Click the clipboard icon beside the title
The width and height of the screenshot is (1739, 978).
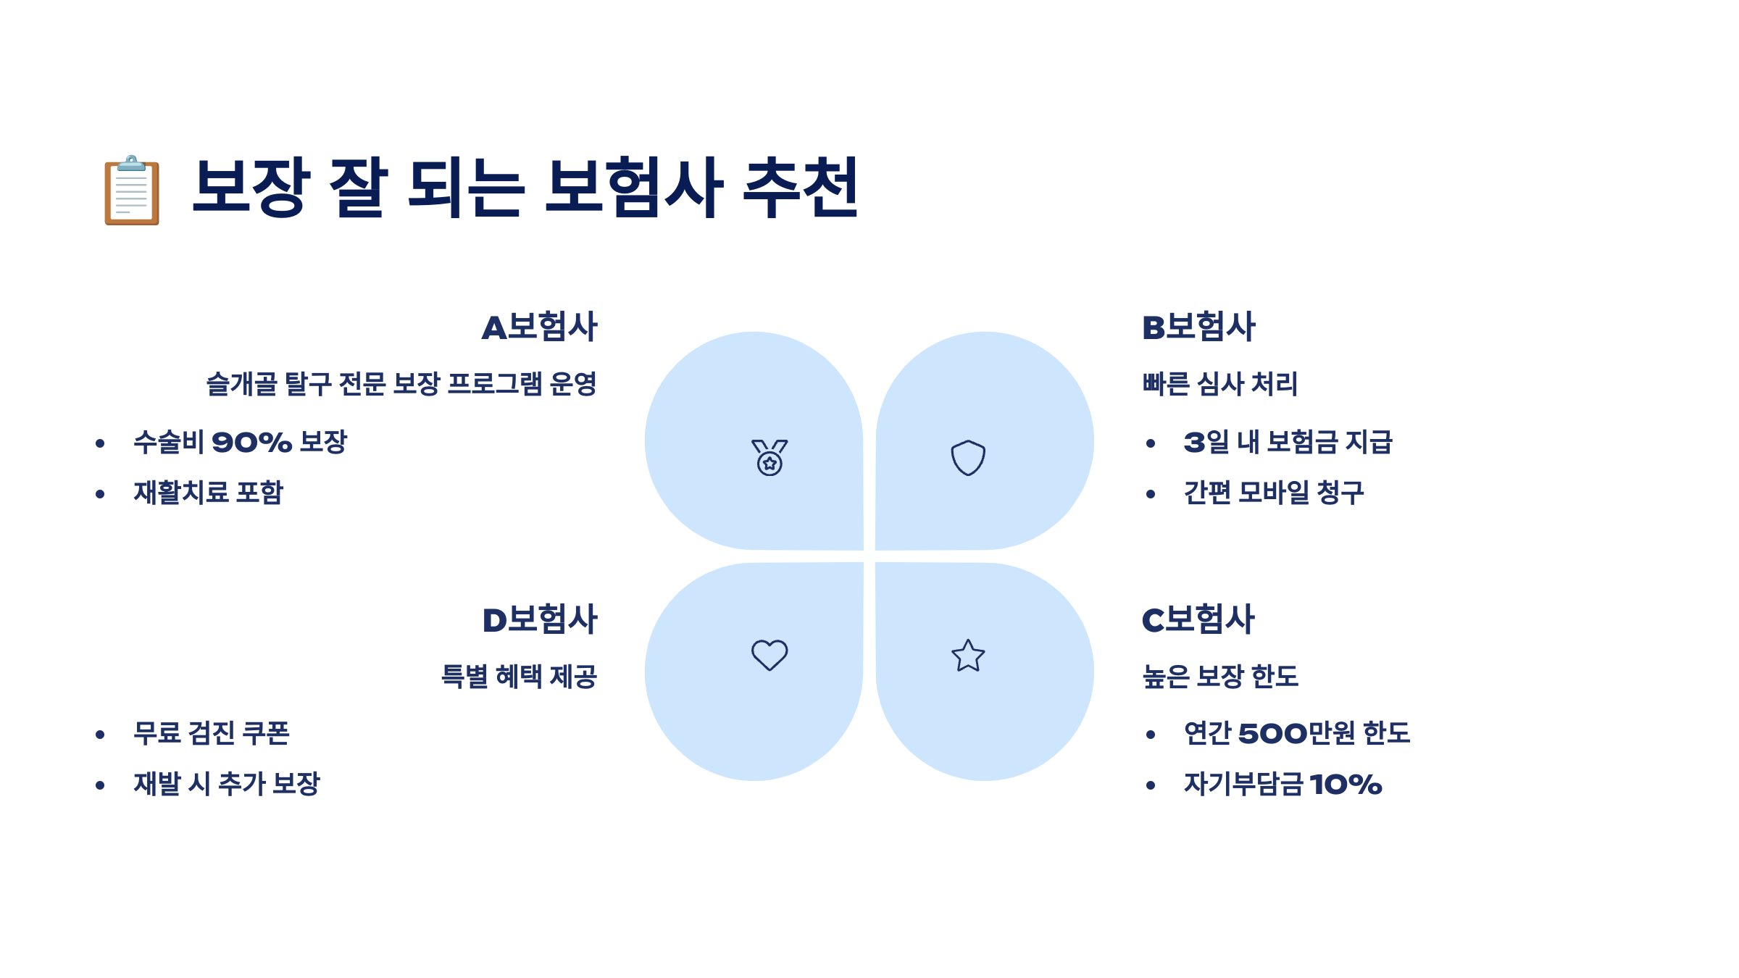[131, 191]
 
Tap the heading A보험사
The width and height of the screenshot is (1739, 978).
[540, 327]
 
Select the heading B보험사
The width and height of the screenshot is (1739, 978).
[1198, 327]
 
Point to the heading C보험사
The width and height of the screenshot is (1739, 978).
[1198, 619]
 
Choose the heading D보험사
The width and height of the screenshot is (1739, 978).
[540, 619]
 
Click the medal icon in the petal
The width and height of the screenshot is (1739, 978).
[770, 458]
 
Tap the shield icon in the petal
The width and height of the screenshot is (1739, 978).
[968, 458]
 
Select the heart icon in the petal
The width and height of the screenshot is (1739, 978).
[770, 655]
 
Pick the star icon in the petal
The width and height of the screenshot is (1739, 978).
[968, 656]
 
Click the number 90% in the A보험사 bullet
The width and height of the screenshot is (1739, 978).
[251, 443]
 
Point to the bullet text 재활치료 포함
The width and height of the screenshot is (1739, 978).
[208, 493]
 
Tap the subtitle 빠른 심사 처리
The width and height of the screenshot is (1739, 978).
[1220, 384]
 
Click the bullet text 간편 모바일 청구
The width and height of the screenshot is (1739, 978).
[1274, 493]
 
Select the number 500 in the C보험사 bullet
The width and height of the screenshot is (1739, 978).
[1273, 734]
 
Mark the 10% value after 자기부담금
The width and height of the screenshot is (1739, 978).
[1346, 785]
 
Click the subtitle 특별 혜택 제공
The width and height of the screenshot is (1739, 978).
[519, 677]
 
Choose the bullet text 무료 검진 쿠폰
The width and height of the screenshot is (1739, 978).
[212, 733]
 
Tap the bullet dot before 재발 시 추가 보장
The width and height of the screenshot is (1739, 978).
[100, 785]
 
